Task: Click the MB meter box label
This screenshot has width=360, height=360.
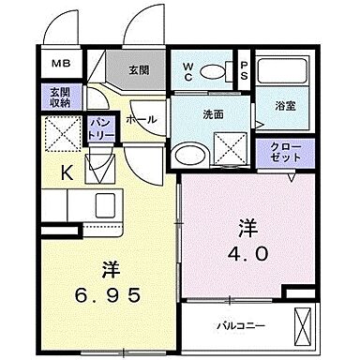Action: pos(59,65)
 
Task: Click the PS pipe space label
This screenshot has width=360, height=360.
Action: pos(243,71)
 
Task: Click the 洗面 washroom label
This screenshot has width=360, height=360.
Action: pos(212,114)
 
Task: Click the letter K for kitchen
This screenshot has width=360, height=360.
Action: pos(67,172)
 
